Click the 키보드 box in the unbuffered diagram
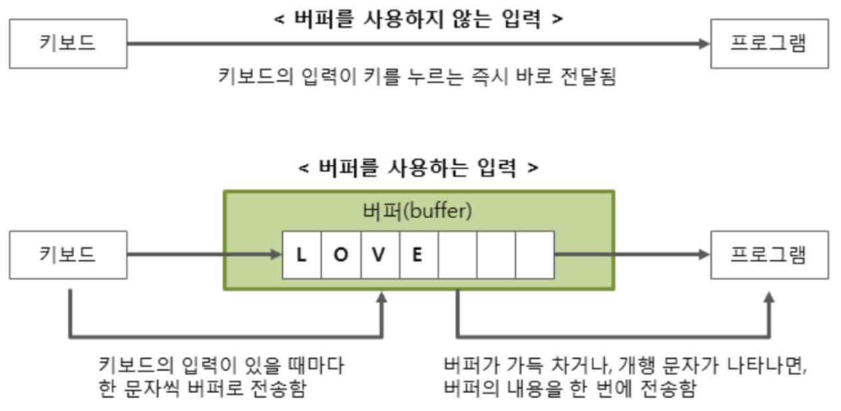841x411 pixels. (x=68, y=43)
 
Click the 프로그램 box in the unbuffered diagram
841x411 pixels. (x=768, y=43)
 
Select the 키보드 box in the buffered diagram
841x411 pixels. (x=68, y=254)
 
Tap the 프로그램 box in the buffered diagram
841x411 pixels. (x=768, y=254)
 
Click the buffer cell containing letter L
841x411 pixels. (x=302, y=255)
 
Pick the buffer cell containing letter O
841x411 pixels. (x=340, y=255)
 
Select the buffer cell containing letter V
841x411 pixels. (x=380, y=255)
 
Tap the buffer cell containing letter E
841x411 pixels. (x=418, y=255)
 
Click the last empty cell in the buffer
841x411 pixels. (x=535, y=255)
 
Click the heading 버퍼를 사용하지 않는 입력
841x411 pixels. (x=419, y=18)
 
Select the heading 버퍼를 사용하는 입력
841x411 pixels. (x=418, y=168)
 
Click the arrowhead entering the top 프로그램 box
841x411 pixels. (x=704, y=43)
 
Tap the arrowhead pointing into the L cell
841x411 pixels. (x=276, y=254)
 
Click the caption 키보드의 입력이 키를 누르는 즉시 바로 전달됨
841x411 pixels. (x=418, y=76)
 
